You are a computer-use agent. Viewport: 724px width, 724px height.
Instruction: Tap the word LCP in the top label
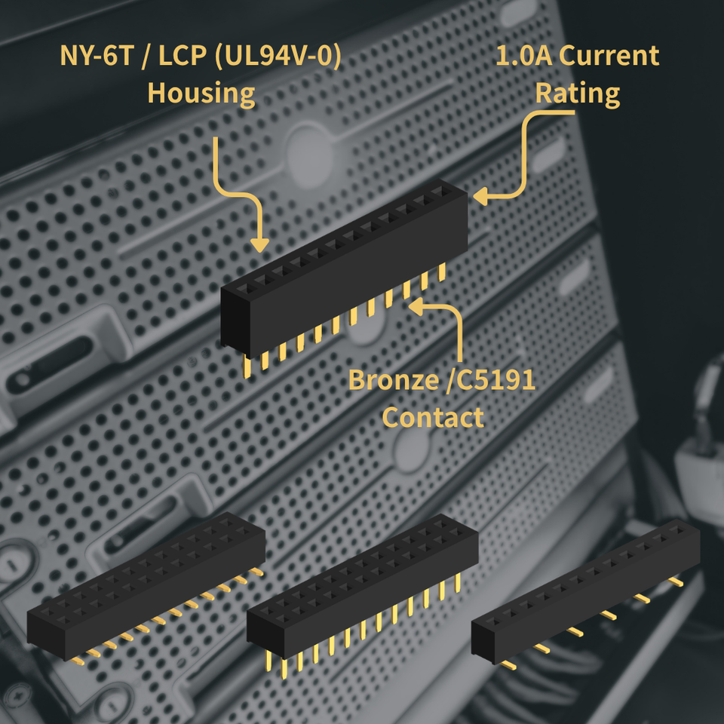coord(182,55)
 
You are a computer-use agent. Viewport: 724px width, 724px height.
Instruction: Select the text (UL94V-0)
coord(278,56)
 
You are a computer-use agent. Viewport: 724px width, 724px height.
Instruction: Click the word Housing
coord(201,94)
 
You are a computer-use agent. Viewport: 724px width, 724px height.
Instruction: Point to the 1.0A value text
coord(523,55)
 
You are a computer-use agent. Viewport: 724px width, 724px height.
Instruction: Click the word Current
coord(609,55)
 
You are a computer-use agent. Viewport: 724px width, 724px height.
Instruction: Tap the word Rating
coord(578,94)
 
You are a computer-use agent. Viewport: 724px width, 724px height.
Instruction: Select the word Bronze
coord(394,380)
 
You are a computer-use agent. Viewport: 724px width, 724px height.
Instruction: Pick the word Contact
coord(433,417)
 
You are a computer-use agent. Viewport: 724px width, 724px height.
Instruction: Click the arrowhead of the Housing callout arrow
coord(259,245)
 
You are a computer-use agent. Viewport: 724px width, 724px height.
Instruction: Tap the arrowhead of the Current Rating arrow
coord(480,196)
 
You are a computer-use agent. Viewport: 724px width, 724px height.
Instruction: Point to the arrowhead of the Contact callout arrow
coord(416,307)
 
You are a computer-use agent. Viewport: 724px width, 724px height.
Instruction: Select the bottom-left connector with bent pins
coord(146,587)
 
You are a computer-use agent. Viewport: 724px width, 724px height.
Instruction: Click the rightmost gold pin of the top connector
coord(442,272)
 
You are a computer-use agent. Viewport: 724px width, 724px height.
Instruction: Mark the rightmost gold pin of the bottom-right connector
coord(676,581)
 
